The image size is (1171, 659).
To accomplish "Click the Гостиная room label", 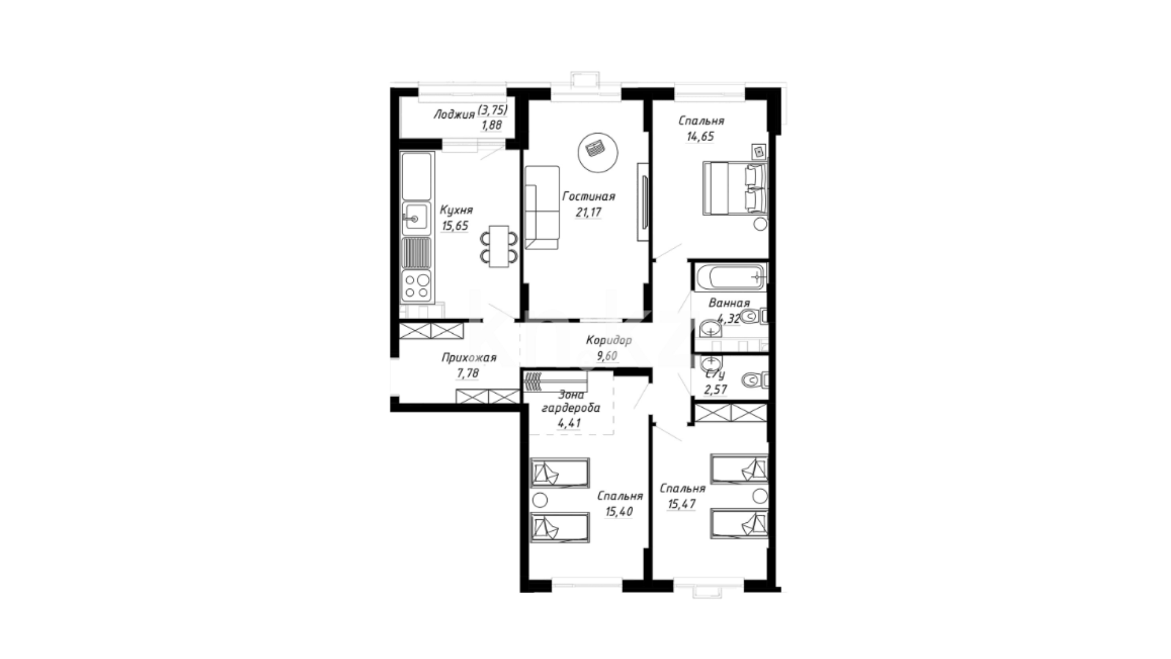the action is tap(589, 196).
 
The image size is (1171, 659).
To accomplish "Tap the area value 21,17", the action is tap(589, 213).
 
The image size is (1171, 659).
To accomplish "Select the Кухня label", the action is tap(456, 210).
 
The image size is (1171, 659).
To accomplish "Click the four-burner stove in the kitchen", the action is tap(417, 286).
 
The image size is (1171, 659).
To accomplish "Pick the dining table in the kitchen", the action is tap(499, 246).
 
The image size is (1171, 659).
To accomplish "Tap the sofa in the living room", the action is tap(542, 207).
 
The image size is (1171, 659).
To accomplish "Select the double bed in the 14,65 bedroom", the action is tap(735, 188).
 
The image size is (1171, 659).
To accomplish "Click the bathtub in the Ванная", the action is tap(729, 278).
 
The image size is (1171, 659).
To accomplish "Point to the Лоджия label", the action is tap(454, 115).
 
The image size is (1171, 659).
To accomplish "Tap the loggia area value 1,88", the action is tap(493, 126).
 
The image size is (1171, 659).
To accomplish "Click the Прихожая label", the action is tap(469, 358).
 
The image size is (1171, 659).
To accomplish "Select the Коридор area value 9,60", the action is tap(607, 356).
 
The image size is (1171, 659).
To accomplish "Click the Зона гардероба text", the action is tap(571, 402).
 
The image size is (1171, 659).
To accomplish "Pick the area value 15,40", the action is tap(618, 512).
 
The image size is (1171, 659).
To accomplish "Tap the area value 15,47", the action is tap(682, 505).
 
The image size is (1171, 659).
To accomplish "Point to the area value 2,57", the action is tap(715, 389).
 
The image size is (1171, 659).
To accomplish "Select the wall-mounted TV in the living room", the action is tap(642, 202).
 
